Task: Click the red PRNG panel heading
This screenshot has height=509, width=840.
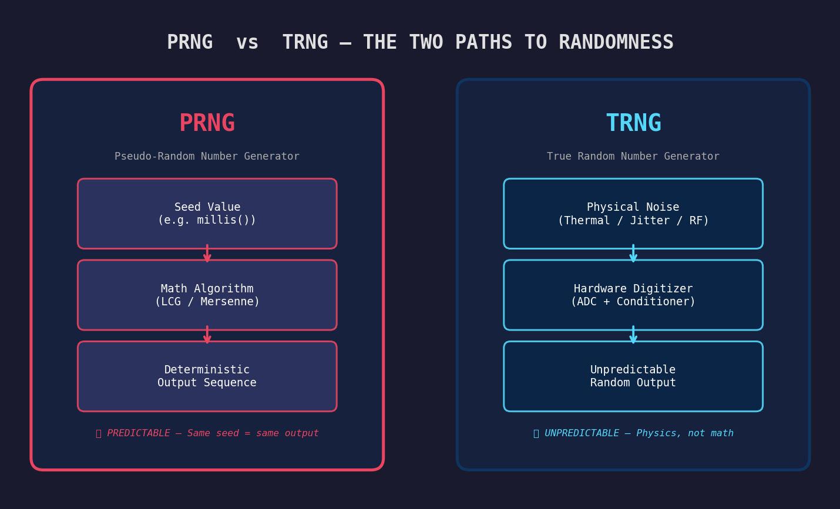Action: [x=207, y=123]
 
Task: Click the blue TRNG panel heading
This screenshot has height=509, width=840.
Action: [x=633, y=123]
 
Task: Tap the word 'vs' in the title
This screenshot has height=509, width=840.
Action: [x=247, y=42]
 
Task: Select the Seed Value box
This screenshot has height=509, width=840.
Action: [x=207, y=214]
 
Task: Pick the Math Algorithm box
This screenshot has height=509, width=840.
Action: [x=207, y=295]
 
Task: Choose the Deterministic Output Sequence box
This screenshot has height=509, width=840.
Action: [x=207, y=376]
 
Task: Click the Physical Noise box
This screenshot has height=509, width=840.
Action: [x=633, y=214]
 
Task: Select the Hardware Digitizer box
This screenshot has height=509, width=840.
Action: [x=633, y=295]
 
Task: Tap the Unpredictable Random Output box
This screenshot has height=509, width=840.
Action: [x=633, y=376]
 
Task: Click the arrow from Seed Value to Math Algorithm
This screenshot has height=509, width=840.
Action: [x=207, y=254]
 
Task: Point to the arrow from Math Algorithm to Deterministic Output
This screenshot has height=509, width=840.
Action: [x=207, y=335]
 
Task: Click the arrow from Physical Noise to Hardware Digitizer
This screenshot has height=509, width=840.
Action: [x=633, y=254]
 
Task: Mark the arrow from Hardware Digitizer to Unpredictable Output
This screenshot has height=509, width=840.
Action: [x=633, y=335]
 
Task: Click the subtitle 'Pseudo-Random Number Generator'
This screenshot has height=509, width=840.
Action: [x=207, y=157]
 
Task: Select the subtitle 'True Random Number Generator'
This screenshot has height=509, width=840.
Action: [x=633, y=157]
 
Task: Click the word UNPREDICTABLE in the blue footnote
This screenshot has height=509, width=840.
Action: [x=582, y=433]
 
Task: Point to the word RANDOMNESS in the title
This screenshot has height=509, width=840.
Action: [x=616, y=42]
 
